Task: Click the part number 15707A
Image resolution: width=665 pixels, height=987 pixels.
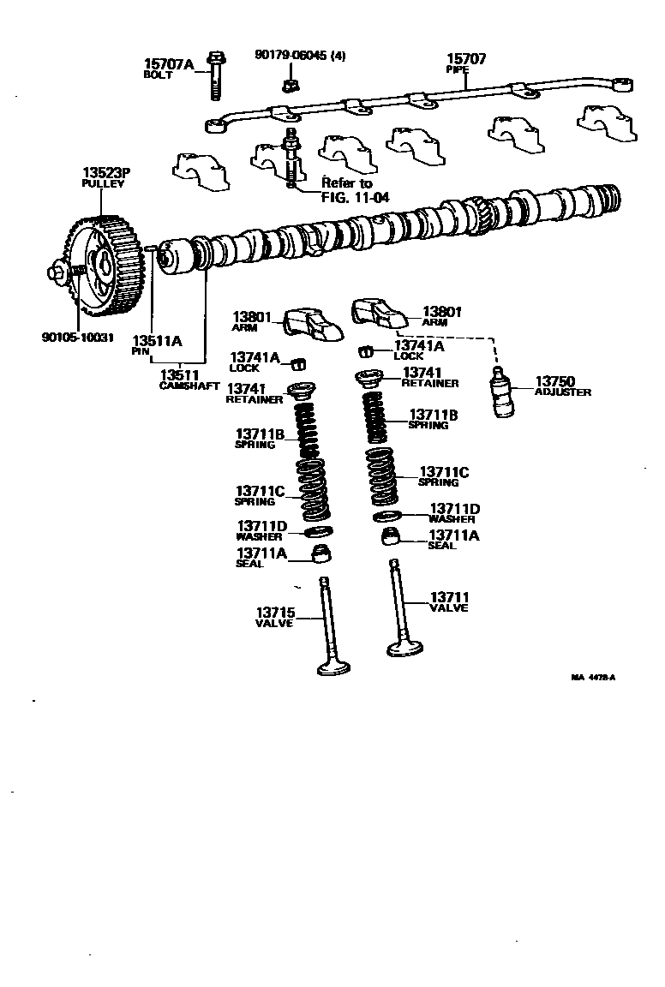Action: (x=169, y=63)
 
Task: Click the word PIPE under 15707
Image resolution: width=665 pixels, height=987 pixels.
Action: (x=458, y=69)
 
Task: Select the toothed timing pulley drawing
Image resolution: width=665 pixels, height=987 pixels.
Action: (x=105, y=267)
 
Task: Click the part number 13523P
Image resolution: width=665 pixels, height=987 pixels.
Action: (x=103, y=173)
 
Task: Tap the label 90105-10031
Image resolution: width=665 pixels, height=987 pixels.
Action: (x=77, y=336)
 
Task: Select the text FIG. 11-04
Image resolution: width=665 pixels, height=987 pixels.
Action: (x=355, y=196)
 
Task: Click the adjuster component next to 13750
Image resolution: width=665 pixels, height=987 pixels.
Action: (x=500, y=389)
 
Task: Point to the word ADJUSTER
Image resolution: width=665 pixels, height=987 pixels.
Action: (x=562, y=392)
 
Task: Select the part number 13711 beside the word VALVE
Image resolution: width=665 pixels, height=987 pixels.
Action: (x=449, y=596)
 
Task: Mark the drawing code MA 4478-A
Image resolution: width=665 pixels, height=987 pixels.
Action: (x=593, y=678)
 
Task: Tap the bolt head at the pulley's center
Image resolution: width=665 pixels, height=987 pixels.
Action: (x=57, y=272)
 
